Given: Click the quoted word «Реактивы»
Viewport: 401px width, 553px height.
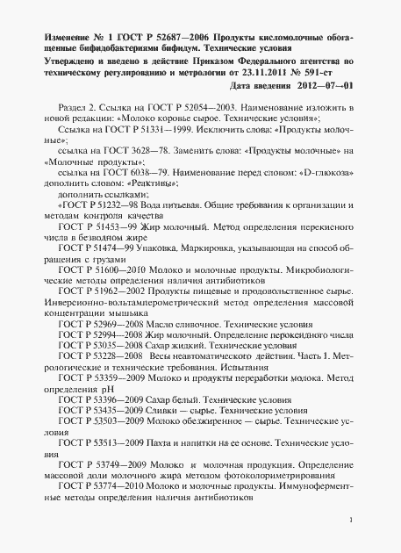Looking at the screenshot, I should point(149,184).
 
